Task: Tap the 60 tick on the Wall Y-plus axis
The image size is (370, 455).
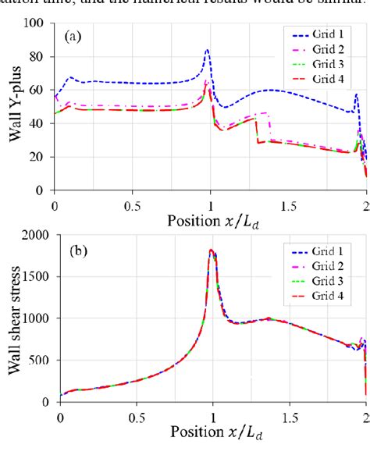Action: (x=42, y=90)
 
